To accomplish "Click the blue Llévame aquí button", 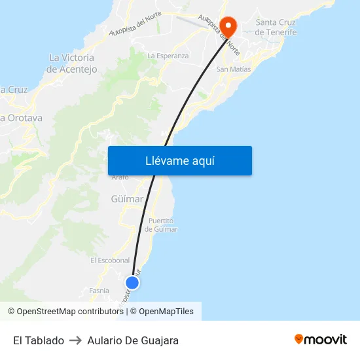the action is click(179, 160).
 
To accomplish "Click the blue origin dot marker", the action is click(132, 283).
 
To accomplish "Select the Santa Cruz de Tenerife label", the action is click(276, 27).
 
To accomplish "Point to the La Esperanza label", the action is click(168, 56).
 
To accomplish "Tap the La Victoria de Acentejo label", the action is click(73, 63).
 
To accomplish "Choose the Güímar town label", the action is click(128, 199).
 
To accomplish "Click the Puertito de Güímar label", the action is click(161, 225).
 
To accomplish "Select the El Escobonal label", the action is click(110, 260).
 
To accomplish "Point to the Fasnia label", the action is click(99, 291).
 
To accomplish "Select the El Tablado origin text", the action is click(39, 340).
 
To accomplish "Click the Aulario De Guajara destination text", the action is click(133, 340).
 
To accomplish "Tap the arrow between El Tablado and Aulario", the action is click(75, 340).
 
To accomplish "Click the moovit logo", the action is click(321, 340).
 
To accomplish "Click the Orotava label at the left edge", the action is click(21, 118).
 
